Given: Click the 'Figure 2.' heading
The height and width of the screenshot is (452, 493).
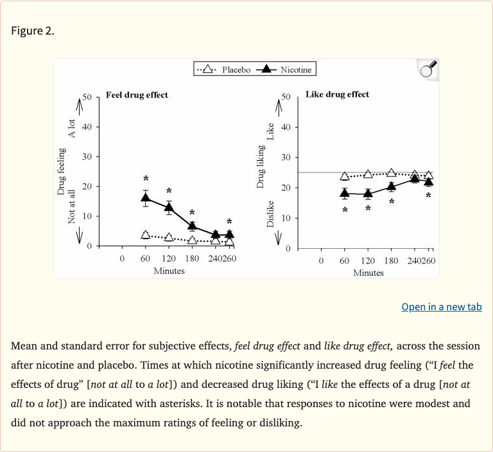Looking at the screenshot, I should [33, 31].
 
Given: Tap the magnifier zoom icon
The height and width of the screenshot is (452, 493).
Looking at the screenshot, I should [428, 69].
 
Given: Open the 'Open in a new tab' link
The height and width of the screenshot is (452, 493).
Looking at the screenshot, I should [441, 306].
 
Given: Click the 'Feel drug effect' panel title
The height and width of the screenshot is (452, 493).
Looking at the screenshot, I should [137, 95].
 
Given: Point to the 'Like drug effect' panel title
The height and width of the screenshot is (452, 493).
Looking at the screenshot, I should [337, 94].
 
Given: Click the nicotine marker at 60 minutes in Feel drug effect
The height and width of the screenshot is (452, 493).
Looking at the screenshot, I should [146, 197].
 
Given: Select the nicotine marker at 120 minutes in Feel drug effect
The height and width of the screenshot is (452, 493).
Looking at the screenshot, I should [169, 206].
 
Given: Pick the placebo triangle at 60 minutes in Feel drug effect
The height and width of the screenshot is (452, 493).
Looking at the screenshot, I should [146, 235].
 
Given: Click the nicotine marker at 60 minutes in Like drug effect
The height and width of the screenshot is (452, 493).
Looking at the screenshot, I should [345, 192].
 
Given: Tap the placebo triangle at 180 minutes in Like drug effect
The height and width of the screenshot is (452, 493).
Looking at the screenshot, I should [391, 172].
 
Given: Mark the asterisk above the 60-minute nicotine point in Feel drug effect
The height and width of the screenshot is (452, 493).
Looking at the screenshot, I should [146, 179].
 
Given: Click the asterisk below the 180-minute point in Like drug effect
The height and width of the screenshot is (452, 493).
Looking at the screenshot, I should [391, 202].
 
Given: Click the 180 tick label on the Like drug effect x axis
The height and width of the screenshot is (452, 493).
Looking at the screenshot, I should [391, 261].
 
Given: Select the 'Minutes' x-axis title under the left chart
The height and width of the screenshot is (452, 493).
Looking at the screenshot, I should [169, 271].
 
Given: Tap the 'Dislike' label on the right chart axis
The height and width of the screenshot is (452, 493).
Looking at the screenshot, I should [270, 213].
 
